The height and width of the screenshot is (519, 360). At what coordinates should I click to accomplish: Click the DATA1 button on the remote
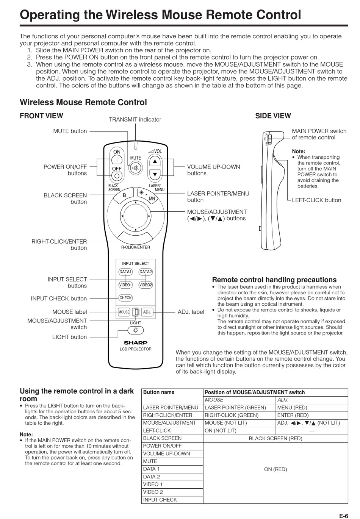coord(125,272)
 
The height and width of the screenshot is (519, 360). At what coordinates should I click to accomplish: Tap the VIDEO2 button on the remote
coord(146,285)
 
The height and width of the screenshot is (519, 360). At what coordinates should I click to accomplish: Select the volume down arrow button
coord(155,175)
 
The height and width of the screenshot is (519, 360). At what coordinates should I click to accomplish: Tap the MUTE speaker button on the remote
coord(135,168)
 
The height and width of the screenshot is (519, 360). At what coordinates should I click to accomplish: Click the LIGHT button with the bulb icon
coord(135,330)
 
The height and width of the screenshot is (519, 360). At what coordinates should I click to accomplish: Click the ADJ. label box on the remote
coord(147,312)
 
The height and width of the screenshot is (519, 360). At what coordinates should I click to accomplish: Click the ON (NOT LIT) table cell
coord(220,430)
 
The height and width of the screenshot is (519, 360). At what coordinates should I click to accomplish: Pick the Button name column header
coord(159,392)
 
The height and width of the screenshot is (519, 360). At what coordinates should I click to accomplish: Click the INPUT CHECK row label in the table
coord(160,500)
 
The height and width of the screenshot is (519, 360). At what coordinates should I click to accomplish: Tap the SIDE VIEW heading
coord(273,116)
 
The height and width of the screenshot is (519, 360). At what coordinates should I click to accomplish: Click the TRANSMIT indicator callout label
coord(135,120)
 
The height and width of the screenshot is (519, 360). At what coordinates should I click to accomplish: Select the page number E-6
coord(343,516)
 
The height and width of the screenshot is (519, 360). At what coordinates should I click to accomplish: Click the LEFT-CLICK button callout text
coord(316,200)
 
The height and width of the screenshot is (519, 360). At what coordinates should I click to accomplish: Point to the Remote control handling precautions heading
coord(274,280)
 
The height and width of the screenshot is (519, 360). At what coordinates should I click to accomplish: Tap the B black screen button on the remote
coord(124,195)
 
